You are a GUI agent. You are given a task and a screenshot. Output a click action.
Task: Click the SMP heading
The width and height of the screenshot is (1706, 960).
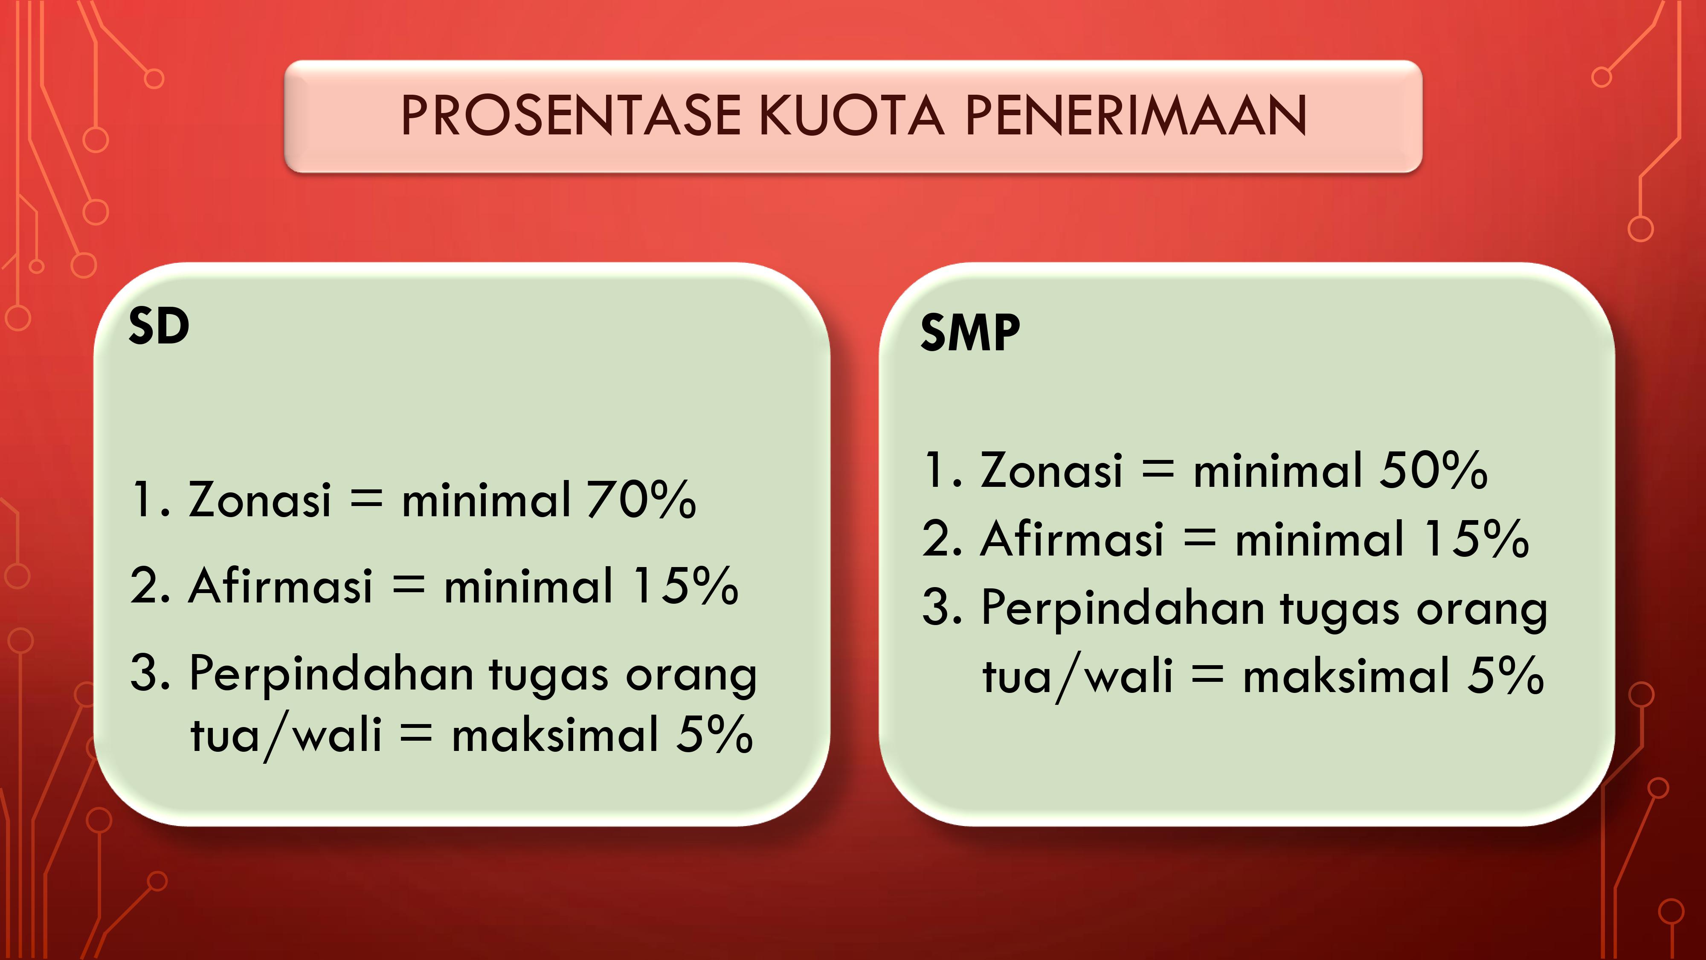(x=970, y=333)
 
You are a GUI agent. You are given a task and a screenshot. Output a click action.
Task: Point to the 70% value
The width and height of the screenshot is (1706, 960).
(x=641, y=499)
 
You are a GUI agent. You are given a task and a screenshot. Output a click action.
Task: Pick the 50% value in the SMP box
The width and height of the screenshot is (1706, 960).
(x=1434, y=470)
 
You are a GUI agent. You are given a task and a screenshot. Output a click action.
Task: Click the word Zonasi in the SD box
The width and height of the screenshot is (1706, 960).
(x=260, y=499)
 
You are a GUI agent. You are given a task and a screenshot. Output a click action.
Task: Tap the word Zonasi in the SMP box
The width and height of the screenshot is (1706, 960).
(x=1052, y=470)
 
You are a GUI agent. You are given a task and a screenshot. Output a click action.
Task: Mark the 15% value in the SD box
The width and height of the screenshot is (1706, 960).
(x=685, y=586)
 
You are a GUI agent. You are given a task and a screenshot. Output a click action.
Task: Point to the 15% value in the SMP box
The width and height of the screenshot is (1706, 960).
(x=1477, y=538)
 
